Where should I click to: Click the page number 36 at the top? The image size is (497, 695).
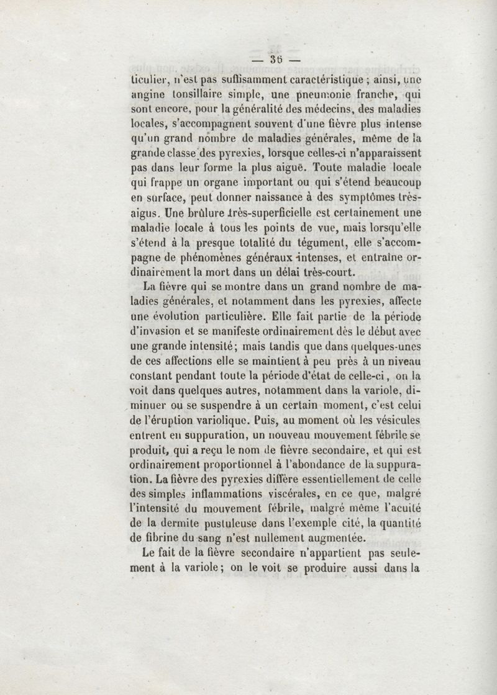tap(276, 60)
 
